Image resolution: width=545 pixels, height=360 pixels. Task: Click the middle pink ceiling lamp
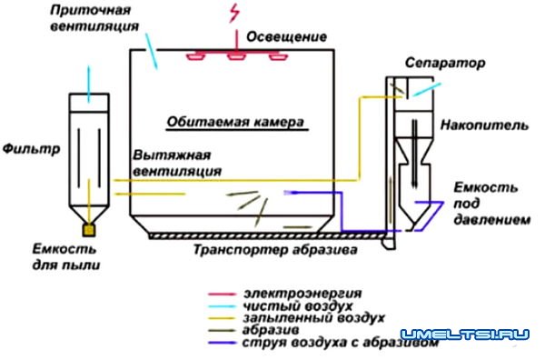(x=237, y=57)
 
